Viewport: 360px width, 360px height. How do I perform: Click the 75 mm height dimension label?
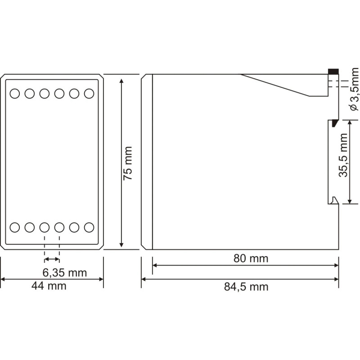[x=128, y=163]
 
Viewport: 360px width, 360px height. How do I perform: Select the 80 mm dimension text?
[x=251, y=258]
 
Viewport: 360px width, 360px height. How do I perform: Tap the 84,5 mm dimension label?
[x=246, y=287]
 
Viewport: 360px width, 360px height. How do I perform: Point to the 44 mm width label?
[x=49, y=286]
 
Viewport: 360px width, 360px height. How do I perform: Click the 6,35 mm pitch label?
[x=65, y=273]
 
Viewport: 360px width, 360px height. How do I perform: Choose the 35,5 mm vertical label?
[x=343, y=155]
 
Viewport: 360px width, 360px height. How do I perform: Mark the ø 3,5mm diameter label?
[x=354, y=89]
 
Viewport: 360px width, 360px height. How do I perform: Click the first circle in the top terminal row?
[x=15, y=94]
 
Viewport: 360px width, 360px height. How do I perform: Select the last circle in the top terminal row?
[x=89, y=94]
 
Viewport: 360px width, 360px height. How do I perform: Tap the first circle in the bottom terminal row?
[x=15, y=227]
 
